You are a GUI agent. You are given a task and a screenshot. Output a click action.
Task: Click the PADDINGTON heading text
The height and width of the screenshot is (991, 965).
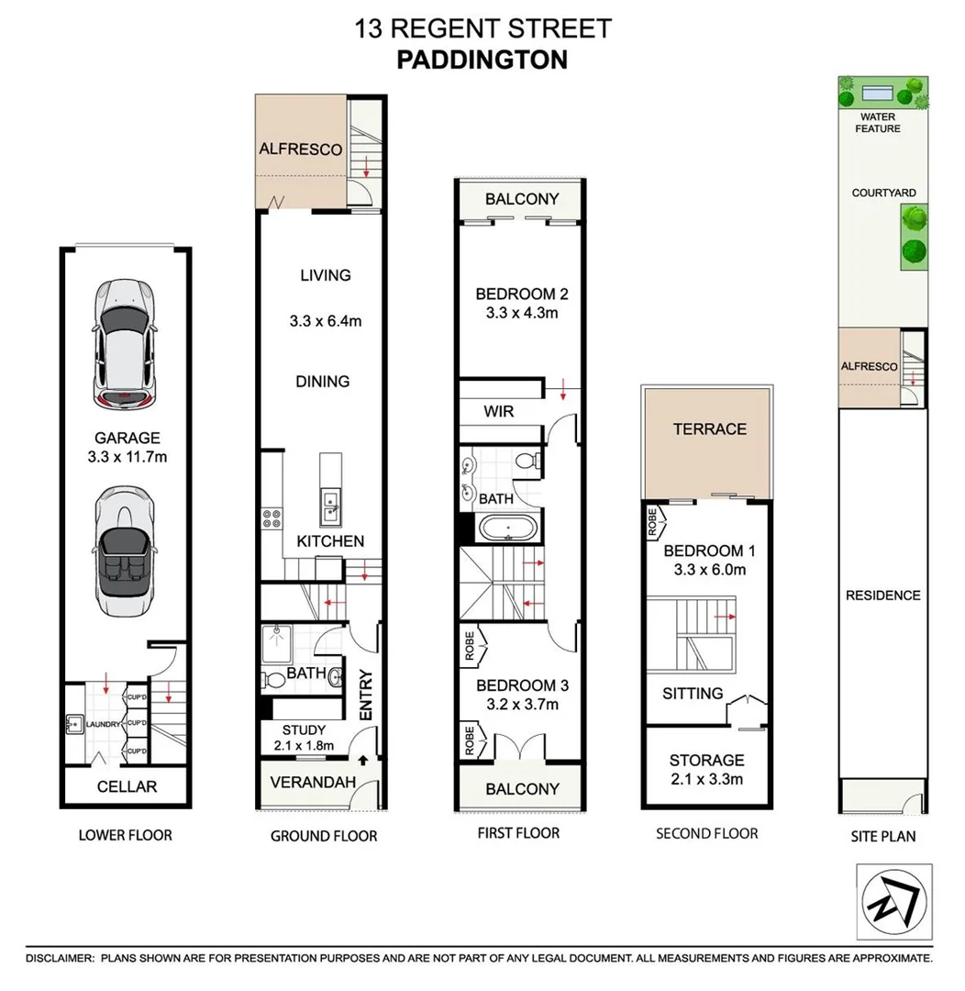point(482,60)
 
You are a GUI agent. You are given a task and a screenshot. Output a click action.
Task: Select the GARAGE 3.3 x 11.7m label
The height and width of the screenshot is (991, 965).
point(127,447)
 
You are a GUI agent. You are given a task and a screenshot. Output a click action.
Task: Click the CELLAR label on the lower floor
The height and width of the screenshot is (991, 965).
point(127,786)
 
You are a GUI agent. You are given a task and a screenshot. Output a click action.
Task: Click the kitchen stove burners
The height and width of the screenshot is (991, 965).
point(272,519)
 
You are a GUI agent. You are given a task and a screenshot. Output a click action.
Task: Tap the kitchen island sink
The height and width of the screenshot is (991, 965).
point(329,501)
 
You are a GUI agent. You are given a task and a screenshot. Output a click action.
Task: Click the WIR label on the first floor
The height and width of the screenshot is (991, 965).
point(498,412)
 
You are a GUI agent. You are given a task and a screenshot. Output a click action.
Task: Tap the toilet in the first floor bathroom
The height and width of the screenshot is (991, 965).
point(526,461)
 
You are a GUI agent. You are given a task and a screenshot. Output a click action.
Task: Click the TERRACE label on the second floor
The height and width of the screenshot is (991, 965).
point(709,429)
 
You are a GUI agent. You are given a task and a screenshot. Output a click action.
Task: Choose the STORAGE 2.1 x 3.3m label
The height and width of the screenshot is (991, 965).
point(705,770)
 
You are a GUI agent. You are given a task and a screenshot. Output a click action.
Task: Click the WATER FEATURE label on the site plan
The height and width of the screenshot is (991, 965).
point(878,123)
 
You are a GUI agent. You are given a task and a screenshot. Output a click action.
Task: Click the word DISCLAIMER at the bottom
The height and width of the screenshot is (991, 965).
point(60,958)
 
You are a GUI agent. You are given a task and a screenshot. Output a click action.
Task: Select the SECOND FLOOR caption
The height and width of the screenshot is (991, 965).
point(706,833)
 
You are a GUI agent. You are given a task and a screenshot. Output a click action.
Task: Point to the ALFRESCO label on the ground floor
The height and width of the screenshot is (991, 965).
point(300,149)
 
